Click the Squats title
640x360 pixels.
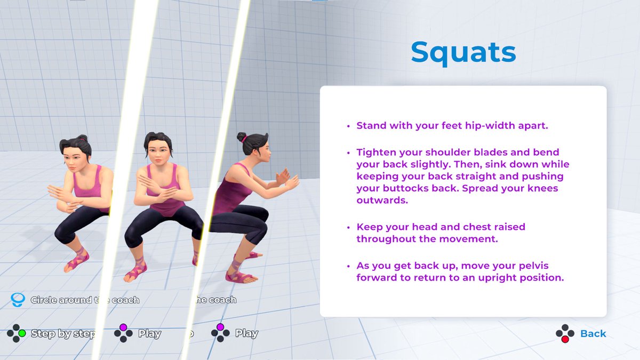463,53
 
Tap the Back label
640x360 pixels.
593,333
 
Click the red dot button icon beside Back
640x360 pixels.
565,339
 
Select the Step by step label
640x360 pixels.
63,333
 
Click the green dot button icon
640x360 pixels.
22,333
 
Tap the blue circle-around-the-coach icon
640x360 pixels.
18,300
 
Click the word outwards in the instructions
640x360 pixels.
382,201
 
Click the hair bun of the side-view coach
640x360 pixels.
242,137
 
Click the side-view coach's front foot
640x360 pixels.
242,276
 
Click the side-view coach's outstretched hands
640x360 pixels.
287,179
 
